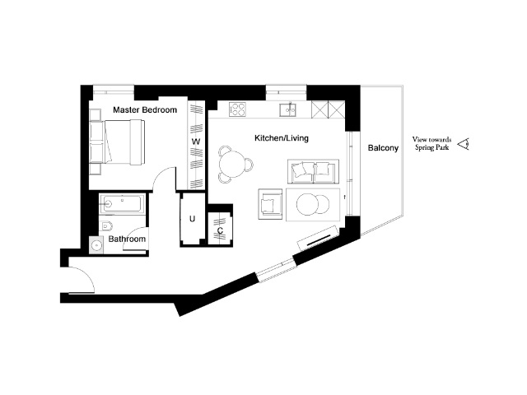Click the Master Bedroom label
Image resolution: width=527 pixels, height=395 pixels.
tap(145, 109)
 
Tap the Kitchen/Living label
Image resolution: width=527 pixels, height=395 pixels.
tap(282, 138)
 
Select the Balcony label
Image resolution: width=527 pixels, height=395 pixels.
tap(383, 148)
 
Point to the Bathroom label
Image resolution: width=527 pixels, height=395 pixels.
tap(127, 239)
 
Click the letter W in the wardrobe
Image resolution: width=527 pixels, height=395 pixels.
tap(196, 142)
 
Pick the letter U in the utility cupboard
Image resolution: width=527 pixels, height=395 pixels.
tap(192, 219)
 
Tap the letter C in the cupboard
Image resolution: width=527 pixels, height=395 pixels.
tap(220, 230)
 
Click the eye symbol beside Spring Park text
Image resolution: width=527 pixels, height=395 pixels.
tap(464, 145)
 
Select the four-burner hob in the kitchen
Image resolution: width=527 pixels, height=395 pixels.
tap(238, 109)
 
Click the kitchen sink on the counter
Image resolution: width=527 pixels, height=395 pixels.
tap(287, 109)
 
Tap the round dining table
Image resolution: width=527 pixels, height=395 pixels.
tap(232, 165)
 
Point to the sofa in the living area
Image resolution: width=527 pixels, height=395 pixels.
tap(313, 172)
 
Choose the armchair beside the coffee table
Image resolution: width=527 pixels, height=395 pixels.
tap(270, 204)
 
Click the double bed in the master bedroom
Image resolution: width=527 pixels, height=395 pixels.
tap(118, 142)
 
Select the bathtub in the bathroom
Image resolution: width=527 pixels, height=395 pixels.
tap(123, 203)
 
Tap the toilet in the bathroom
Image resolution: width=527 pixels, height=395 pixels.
tap(106, 225)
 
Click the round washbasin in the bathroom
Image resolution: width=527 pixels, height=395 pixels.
tap(97, 245)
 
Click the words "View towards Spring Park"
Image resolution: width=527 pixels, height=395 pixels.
tap(431, 143)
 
